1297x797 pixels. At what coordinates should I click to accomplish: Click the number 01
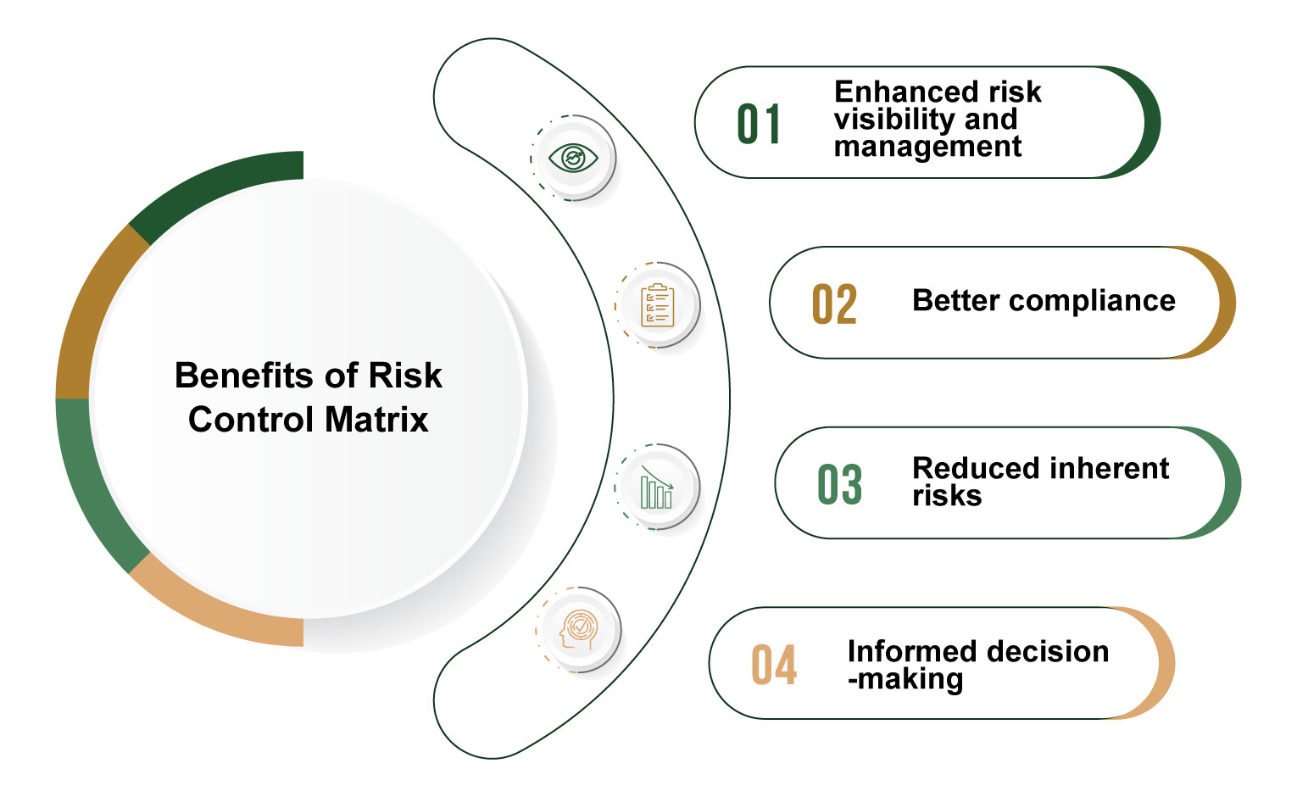(x=759, y=124)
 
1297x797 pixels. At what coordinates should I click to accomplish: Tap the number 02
(x=834, y=304)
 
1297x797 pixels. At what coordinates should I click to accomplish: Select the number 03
(x=839, y=484)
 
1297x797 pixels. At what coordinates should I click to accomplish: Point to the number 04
(x=774, y=665)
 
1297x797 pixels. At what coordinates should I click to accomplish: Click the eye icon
(x=573, y=158)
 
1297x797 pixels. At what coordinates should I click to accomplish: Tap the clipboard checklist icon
(x=658, y=305)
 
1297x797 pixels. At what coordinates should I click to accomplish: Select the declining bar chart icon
(x=657, y=488)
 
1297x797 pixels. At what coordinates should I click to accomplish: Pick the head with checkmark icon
(x=578, y=630)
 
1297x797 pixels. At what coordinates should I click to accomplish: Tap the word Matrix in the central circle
(x=376, y=420)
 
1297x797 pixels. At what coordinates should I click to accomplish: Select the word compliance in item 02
(x=1092, y=301)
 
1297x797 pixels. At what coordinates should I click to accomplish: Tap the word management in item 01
(x=927, y=147)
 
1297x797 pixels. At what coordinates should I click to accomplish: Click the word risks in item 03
(x=947, y=496)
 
